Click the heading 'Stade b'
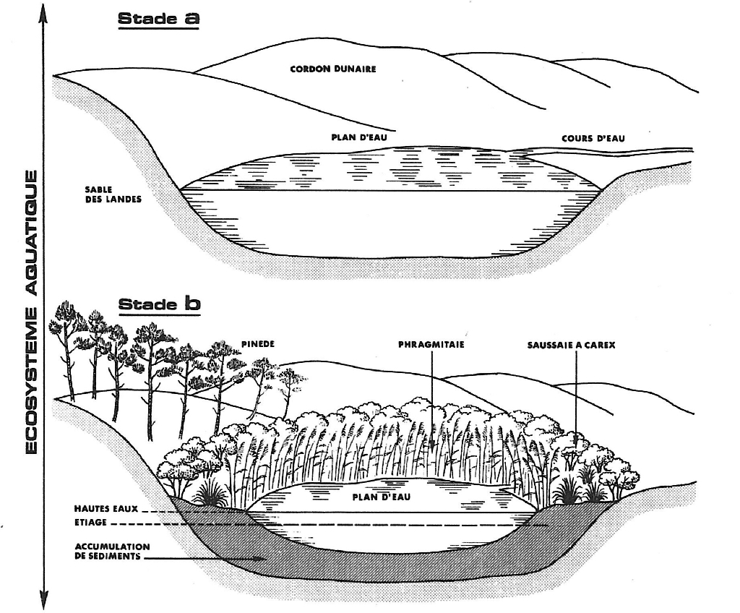[x=159, y=304]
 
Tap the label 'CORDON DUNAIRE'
[x=333, y=69]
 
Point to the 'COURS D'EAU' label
[x=593, y=138]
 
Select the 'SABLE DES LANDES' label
[x=104, y=193]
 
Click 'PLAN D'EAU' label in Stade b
[x=377, y=497]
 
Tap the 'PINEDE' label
[x=256, y=343]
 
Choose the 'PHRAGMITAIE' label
[x=431, y=345]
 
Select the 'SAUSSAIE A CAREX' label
[x=571, y=345]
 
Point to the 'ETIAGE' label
[x=90, y=522]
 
